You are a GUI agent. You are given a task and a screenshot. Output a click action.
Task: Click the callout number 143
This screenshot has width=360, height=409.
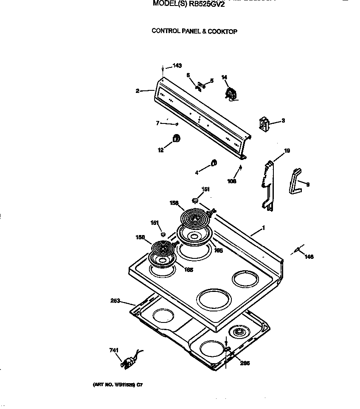point(177,65)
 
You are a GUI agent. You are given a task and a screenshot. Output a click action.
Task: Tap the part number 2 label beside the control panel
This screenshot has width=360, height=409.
point(138,91)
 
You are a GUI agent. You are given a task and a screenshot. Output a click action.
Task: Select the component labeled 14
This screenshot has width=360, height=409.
point(231,93)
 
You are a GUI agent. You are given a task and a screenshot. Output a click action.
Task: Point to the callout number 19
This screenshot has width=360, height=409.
point(287,151)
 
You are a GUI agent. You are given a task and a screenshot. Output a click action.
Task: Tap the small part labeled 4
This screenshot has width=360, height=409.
point(214,162)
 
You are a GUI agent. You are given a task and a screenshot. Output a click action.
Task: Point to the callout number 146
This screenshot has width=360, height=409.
point(309,257)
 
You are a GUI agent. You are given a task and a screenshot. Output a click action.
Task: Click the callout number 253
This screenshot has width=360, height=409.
point(115,300)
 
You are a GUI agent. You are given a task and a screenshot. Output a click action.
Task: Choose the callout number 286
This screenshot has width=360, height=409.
point(245,363)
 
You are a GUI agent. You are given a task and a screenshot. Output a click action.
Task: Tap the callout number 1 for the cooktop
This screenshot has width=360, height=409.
point(263,228)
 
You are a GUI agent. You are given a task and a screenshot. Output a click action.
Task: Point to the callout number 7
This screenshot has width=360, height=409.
point(157,123)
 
